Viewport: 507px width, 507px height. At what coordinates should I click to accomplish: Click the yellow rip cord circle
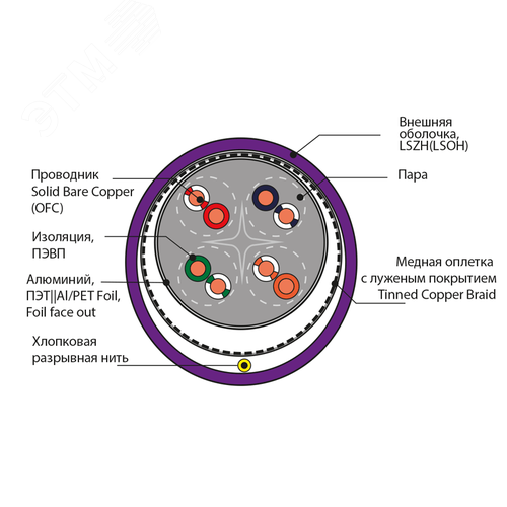(x=245, y=365)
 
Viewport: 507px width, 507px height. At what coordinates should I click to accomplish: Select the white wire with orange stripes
(x=266, y=267)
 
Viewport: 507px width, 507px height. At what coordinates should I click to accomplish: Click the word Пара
(x=413, y=176)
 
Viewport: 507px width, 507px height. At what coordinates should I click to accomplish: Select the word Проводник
(x=65, y=175)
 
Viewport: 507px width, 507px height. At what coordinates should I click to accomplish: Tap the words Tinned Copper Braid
(x=437, y=295)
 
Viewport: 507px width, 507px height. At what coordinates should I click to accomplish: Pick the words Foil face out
(x=61, y=312)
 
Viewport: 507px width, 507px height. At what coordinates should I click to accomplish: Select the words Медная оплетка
(x=444, y=262)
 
